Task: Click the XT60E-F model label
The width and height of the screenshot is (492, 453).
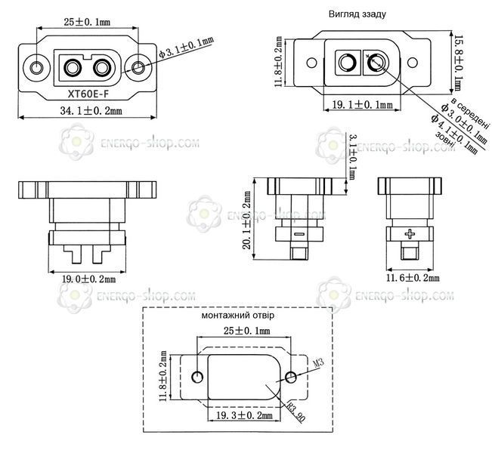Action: click(x=88, y=94)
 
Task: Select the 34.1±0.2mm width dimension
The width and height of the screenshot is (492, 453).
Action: click(x=91, y=111)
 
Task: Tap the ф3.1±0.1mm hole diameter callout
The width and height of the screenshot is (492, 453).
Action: click(x=187, y=48)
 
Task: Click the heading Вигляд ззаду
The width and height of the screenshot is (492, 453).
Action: click(x=357, y=14)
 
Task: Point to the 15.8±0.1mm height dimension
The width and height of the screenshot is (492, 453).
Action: click(x=459, y=63)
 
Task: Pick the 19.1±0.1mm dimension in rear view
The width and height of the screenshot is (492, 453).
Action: click(x=362, y=105)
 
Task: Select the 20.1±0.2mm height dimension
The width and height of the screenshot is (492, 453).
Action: click(x=247, y=220)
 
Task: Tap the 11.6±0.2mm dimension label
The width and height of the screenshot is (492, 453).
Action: click(x=413, y=277)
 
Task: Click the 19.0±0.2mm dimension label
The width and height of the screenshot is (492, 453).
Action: click(x=88, y=279)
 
